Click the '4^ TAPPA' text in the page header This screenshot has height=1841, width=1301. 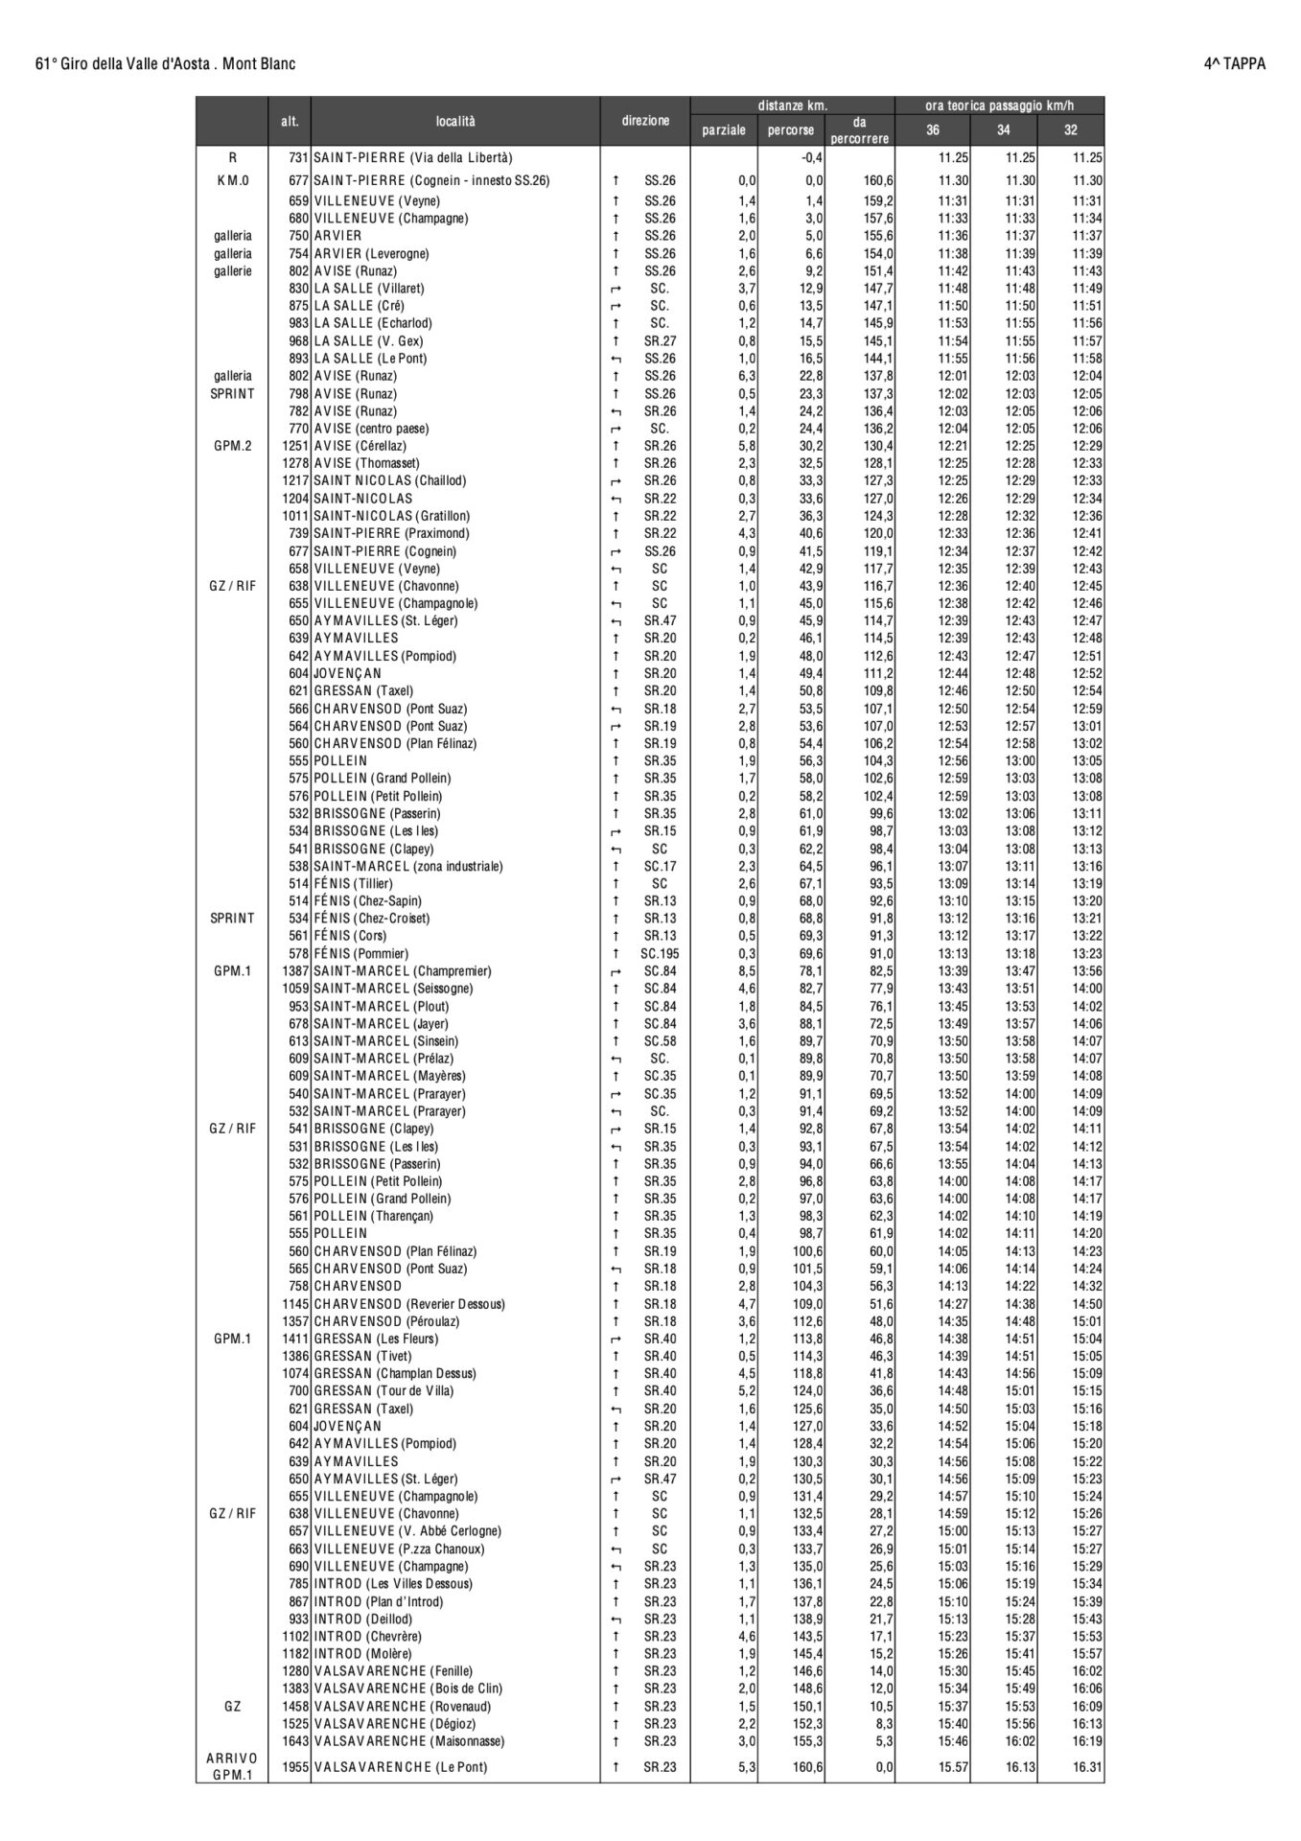click(x=1234, y=64)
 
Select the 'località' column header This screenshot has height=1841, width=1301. click(x=454, y=122)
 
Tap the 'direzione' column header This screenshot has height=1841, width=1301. click(x=645, y=122)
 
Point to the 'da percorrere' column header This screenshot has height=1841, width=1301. click(x=859, y=130)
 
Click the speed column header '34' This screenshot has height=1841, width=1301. click(x=1003, y=130)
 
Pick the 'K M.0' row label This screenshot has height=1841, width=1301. click(x=233, y=180)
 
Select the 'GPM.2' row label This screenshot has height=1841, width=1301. click(x=233, y=446)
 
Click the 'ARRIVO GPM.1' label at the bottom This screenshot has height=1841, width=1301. click(x=232, y=1766)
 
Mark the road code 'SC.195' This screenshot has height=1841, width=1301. click(x=660, y=954)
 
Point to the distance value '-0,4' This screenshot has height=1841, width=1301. click(x=812, y=157)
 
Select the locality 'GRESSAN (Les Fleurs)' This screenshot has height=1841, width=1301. click(x=376, y=1339)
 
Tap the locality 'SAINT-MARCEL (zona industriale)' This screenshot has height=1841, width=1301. click(x=407, y=866)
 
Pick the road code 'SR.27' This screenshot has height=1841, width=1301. click(x=660, y=341)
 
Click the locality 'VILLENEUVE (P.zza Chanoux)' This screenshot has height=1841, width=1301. click(x=399, y=1549)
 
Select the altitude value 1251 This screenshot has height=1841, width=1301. click(x=294, y=446)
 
